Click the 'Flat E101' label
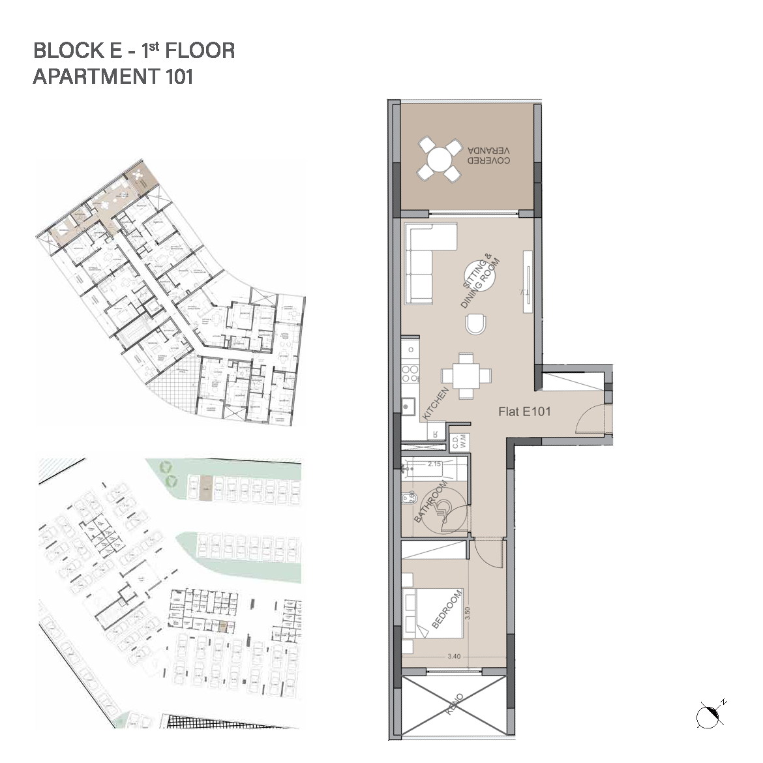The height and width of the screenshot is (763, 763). pos(524,411)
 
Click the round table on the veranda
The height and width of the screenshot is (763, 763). pos(438,159)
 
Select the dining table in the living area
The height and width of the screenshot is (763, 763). pos(466,376)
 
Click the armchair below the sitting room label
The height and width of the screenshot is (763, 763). pos(476,323)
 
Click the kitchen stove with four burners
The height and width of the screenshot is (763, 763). pos(410,374)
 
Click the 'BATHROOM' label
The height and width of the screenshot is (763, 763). pos(431,502)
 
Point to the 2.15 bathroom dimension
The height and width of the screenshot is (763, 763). pos(434,464)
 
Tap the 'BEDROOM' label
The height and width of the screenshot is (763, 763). pos(447,609)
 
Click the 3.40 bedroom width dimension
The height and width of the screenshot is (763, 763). pos(455,657)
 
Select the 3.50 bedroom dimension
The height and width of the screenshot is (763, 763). pos(468,614)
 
